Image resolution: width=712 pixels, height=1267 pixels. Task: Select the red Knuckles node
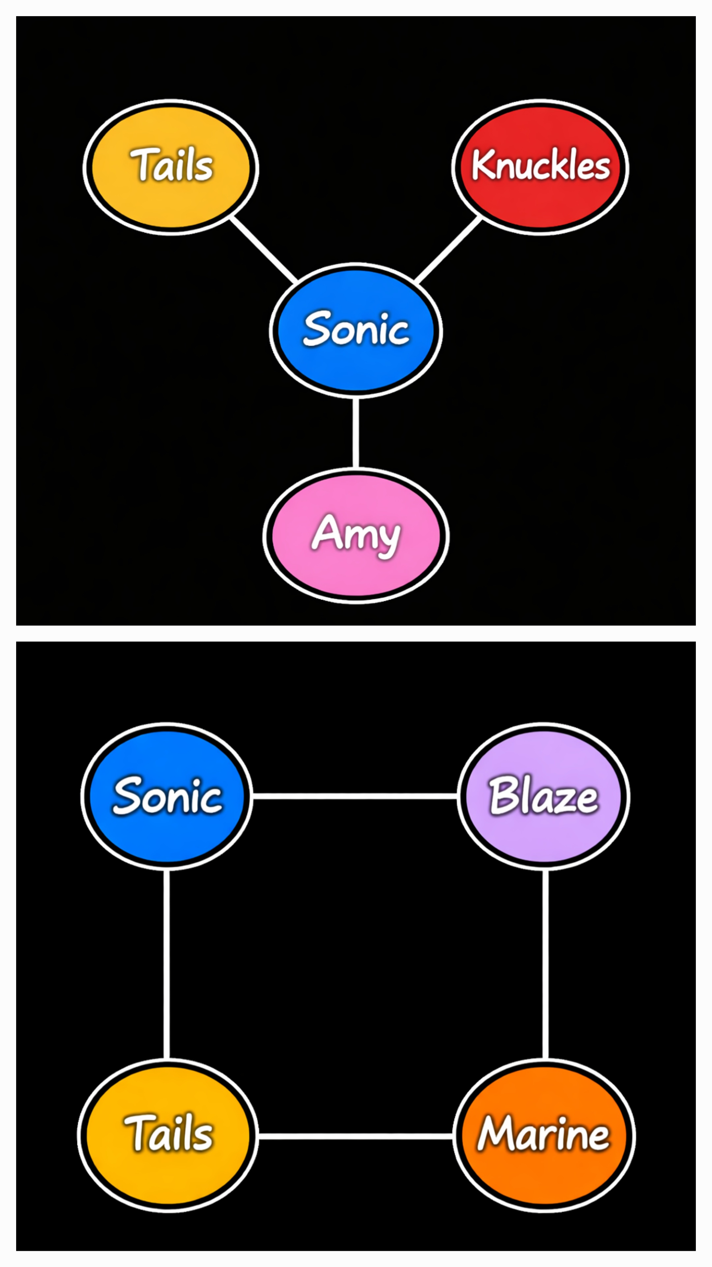click(x=540, y=167)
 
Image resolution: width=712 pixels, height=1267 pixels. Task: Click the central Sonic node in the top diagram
click(x=356, y=331)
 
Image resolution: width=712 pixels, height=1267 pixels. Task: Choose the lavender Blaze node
click(x=544, y=796)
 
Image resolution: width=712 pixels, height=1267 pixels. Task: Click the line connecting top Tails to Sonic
click(x=264, y=249)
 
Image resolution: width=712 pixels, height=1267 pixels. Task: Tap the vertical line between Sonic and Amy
click(x=356, y=433)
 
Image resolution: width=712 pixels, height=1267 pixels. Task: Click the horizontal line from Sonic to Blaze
click(x=355, y=796)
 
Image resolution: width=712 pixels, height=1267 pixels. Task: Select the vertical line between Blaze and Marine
click(x=546, y=964)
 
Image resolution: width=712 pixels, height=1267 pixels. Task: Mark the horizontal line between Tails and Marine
click(x=355, y=1136)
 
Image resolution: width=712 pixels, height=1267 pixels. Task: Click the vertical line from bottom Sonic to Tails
click(x=166, y=964)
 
